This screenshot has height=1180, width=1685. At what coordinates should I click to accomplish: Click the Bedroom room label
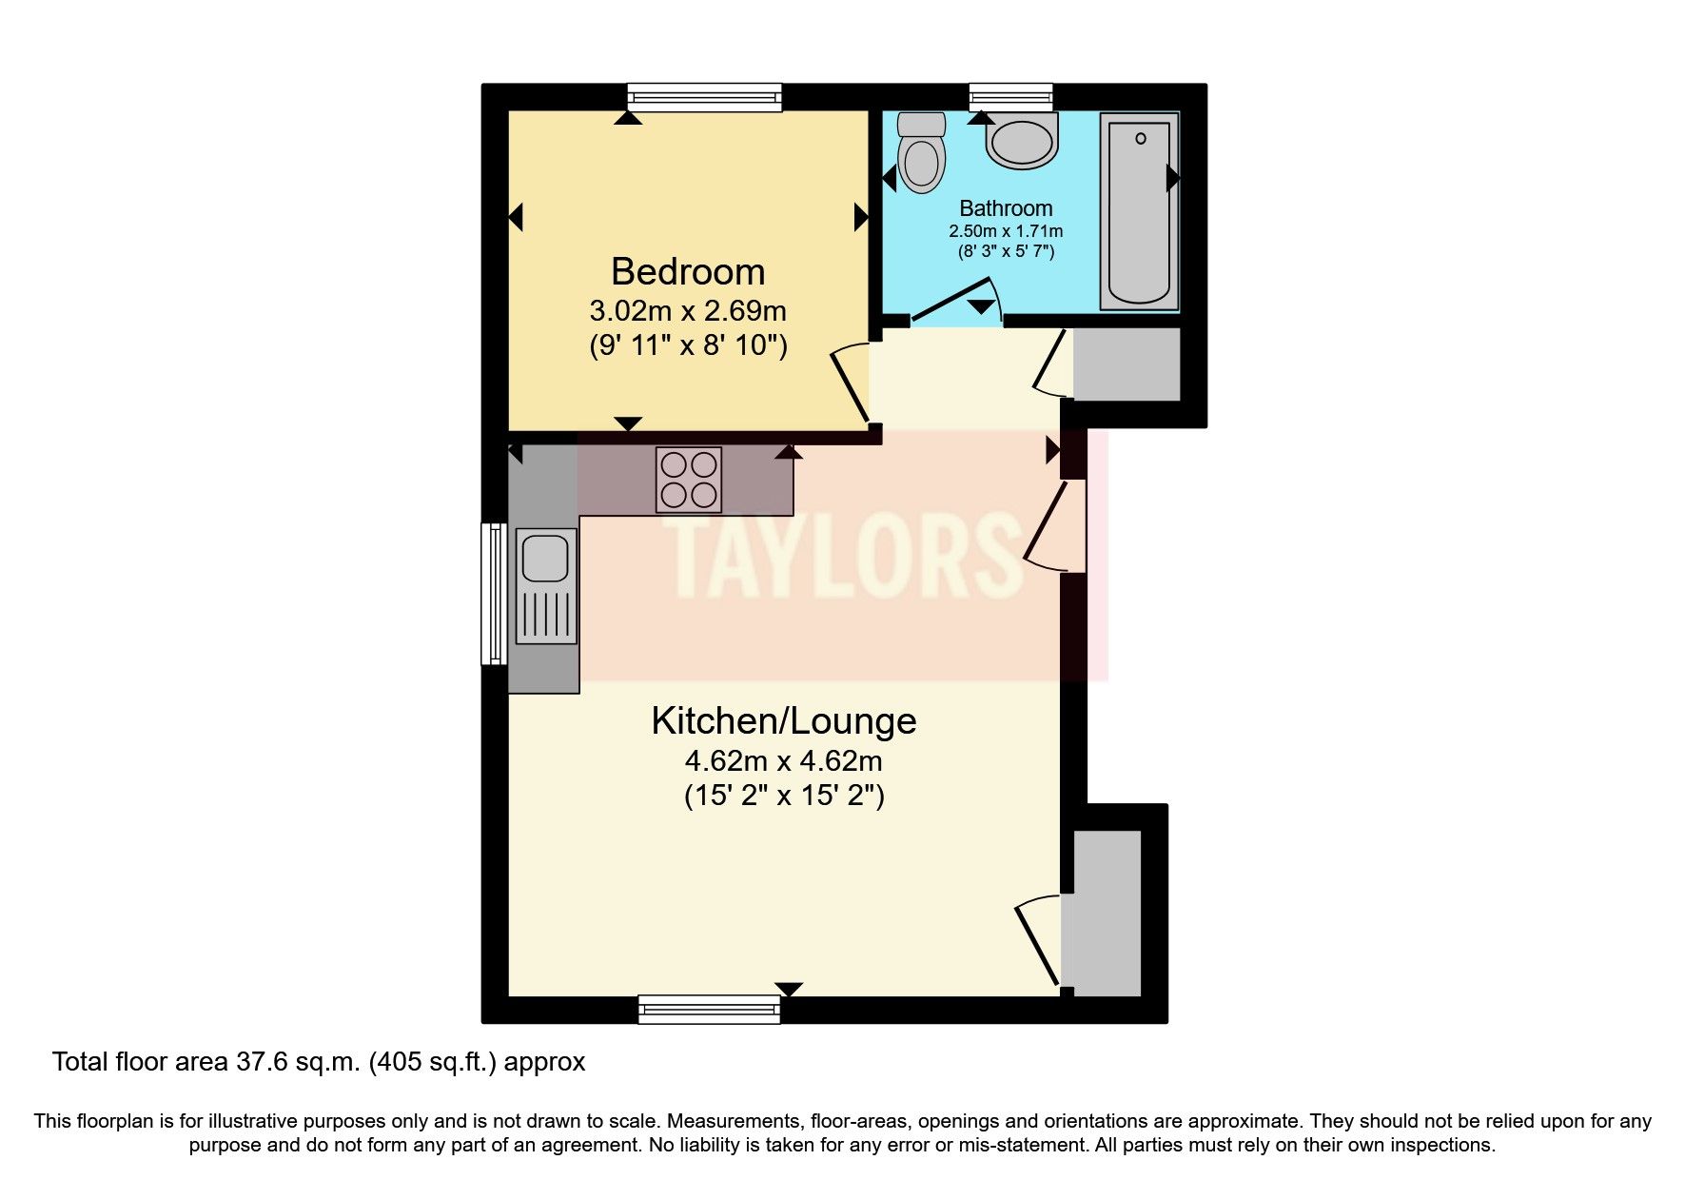[688, 272]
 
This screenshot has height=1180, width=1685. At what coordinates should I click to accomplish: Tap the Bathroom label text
[1006, 208]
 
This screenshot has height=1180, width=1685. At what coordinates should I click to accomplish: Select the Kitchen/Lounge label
[783, 720]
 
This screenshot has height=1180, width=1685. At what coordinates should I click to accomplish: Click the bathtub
[1139, 211]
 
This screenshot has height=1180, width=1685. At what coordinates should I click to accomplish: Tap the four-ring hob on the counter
[689, 480]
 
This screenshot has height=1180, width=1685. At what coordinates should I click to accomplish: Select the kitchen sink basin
[545, 557]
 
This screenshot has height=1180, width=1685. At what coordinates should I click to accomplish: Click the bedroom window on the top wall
[704, 96]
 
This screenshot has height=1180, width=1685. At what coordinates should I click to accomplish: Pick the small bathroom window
[1010, 96]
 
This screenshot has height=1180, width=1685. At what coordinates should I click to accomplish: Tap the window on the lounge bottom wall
[709, 1009]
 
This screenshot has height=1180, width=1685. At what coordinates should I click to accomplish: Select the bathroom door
[953, 301]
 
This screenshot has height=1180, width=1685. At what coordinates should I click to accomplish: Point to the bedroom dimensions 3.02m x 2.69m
[688, 311]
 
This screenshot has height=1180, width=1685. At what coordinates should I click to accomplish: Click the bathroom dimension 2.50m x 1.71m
[1006, 231]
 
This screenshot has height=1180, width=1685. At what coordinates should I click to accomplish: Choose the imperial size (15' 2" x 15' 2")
[784, 796]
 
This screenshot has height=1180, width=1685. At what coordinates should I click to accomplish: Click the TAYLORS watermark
[842, 557]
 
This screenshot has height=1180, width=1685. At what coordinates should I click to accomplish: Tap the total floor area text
[319, 1062]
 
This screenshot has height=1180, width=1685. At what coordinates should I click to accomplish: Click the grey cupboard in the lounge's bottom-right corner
[1106, 914]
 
